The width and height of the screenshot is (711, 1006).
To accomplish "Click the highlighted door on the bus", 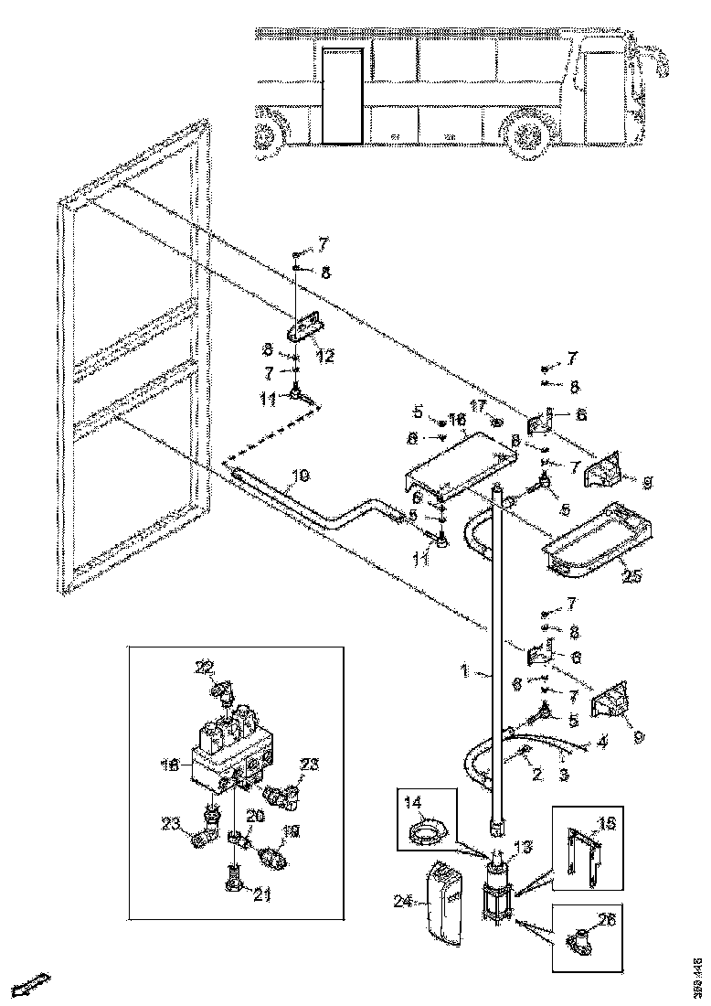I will [x=343, y=96].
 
